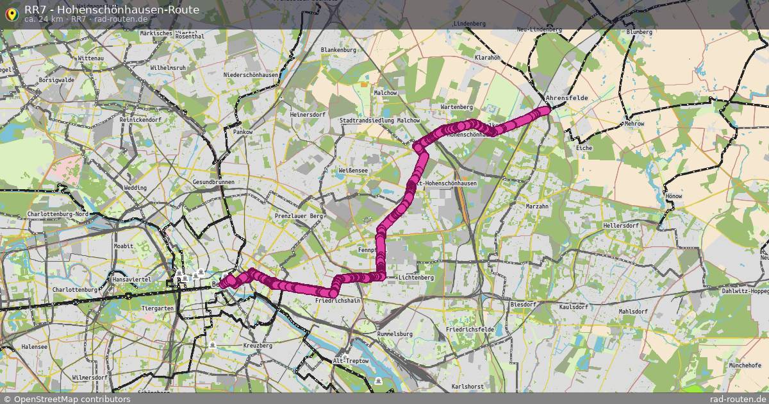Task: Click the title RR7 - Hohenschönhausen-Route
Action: [112, 10]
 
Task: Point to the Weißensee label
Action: [353, 171]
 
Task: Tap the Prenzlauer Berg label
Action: [299, 217]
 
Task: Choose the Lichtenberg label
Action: [416, 278]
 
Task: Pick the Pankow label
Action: [243, 132]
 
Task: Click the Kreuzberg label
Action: [258, 346]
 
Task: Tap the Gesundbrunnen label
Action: [213, 182]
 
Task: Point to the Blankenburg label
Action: [338, 50]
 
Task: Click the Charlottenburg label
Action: [74, 290]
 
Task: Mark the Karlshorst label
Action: [467, 387]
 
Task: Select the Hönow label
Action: [674, 196]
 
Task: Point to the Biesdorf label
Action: [522, 305]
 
